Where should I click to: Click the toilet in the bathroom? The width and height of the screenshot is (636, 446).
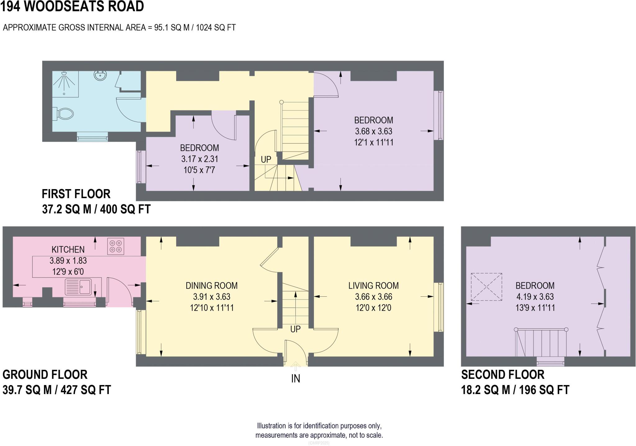(64, 114)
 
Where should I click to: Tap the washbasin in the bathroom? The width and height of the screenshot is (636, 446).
(100, 75)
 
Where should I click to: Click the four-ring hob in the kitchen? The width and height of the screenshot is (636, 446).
(116, 246)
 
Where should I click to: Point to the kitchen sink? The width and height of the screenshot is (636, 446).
(78, 287)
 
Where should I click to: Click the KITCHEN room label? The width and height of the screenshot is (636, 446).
(68, 249)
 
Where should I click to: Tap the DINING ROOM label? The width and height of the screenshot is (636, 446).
(211, 286)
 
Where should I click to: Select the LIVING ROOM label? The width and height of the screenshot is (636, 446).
(373, 286)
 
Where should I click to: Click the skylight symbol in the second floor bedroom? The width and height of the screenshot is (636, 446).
(486, 287)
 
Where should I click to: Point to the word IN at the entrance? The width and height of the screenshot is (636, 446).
(295, 379)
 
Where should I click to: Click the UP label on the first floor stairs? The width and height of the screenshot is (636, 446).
(266, 160)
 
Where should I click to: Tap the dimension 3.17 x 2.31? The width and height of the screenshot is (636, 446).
(200, 159)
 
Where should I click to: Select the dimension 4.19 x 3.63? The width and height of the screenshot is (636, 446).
(535, 297)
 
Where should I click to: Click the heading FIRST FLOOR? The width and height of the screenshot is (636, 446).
(76, 194)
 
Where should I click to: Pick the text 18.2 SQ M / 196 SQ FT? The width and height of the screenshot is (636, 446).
(515, 390)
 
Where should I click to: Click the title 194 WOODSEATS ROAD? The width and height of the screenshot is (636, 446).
(72, 6)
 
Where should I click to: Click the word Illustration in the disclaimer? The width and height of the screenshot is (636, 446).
(271, 426)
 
